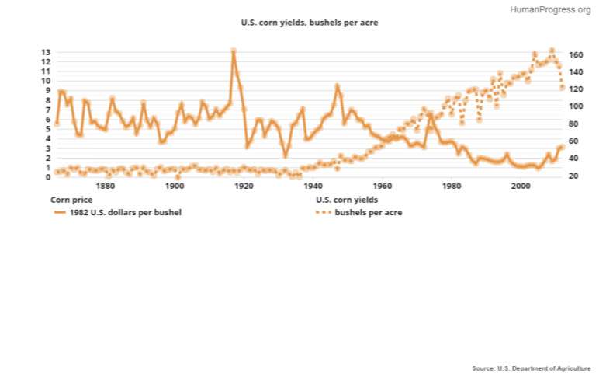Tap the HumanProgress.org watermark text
[x=550, y=9]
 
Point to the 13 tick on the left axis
[x=47, y=52]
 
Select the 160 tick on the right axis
[x=576, y=55]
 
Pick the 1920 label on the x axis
[x=244, y=187]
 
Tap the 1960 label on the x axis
[x=382, y=187]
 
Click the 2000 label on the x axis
[x=521, y=187]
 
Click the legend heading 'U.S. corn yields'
[x=347, y=200]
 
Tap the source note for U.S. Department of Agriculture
[x=531, y=368]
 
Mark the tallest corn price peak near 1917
[x=234, y=51]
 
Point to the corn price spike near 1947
[x=338, y=85]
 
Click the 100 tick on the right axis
[x=576, y=106]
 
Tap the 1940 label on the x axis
[x=313, y=187]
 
